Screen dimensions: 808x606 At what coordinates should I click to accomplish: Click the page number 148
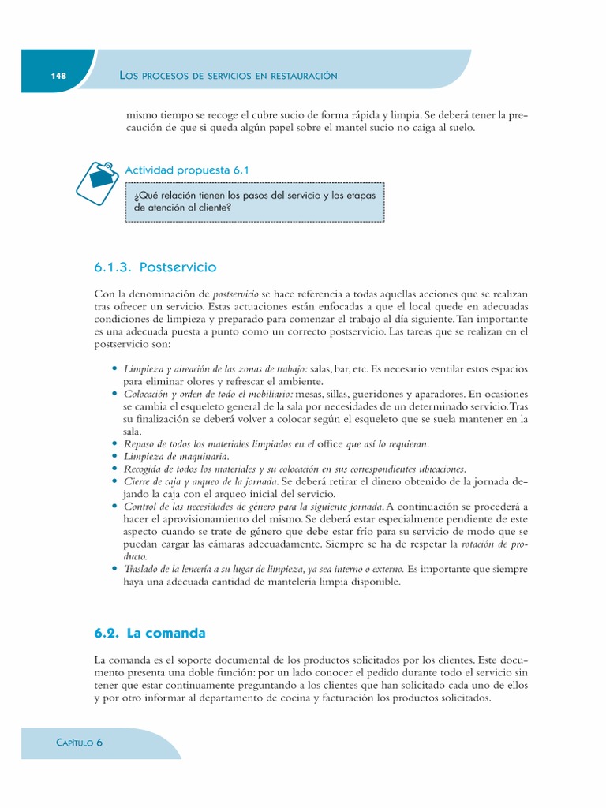coord(58,76)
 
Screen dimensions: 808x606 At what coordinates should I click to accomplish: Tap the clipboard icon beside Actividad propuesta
coord(97,181)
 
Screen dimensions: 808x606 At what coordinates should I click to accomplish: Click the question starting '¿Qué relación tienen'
coord(255,201)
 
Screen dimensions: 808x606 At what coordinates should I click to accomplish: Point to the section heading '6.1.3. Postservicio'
coord(155,267)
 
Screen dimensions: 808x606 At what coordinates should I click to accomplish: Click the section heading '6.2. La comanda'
coord(150,633)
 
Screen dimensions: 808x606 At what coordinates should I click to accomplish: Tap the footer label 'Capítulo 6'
coord(79,743)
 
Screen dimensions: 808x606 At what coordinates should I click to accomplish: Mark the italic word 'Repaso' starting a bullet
coord(140,444)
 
